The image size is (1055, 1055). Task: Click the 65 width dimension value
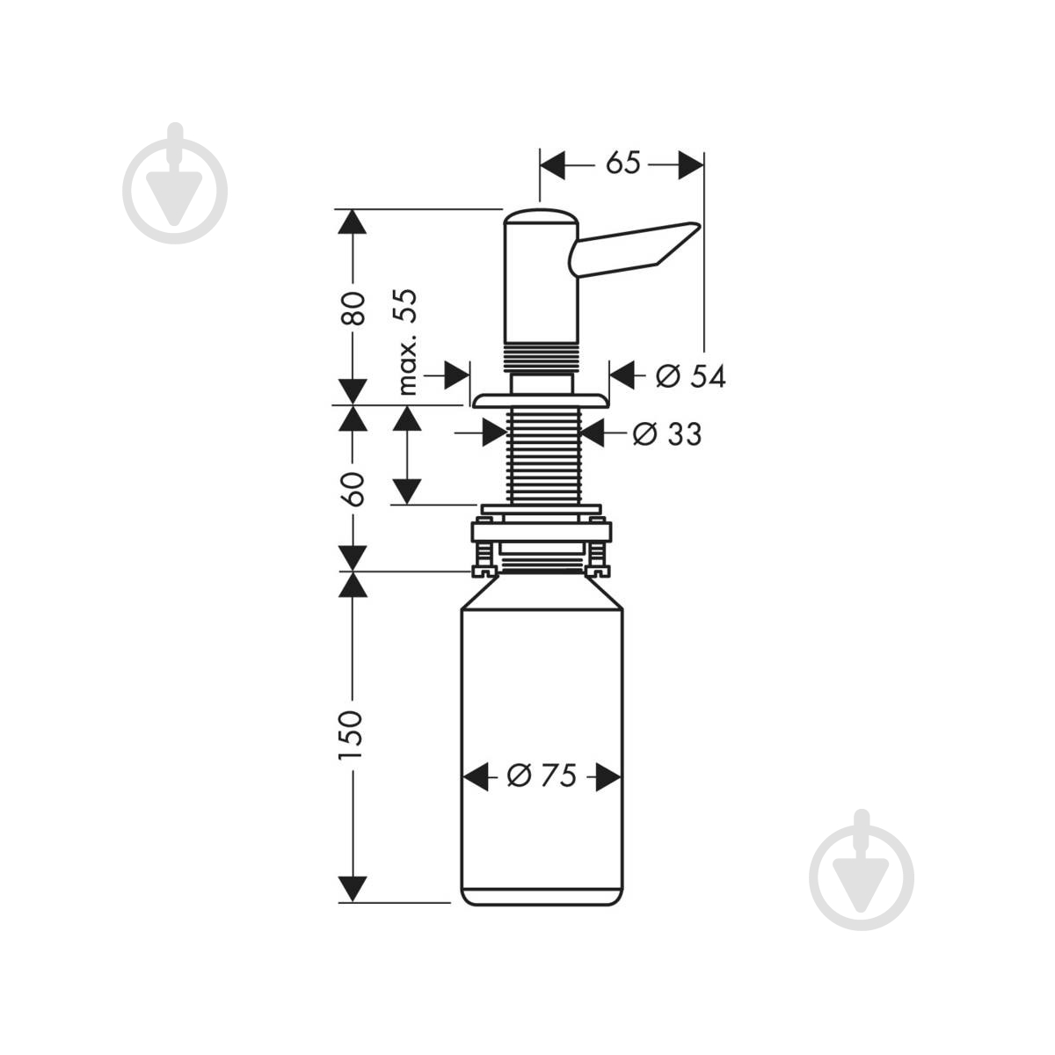click(x=622, y=164)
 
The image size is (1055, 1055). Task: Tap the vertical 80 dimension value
click(x=353, y=308)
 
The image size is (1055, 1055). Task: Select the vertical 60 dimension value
click(x=353, y=489)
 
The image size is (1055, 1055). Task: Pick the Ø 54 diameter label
click(x=691, y=376)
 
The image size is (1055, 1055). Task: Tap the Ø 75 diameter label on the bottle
click(x=542, y=775)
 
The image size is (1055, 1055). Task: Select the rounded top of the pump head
click(x=538, y=215)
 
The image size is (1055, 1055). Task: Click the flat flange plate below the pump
click(x=541, y=401)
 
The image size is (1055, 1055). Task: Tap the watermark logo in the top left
click(x=175, y=183)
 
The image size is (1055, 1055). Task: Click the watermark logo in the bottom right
click(x=862, y=870)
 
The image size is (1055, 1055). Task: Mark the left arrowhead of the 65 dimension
click(x=551, y=164)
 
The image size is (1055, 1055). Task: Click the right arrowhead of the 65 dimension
click(x=690, y=164)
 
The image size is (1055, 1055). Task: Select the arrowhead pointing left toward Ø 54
click(x=622, y=375)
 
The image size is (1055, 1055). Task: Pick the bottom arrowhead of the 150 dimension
click(x=352, y=889)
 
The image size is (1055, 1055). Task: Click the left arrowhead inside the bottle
click(x=476, y=776)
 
